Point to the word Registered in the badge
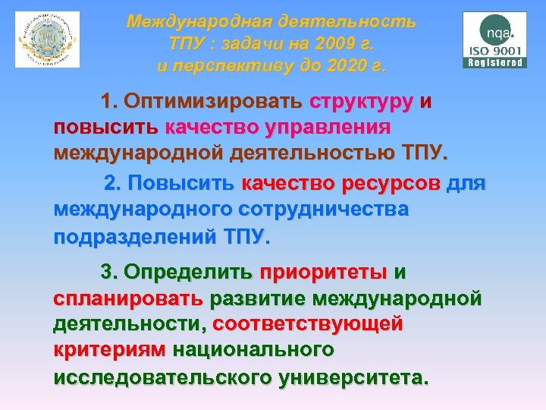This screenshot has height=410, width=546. coord(495,63)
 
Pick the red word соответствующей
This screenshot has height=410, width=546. coord(308,323)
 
